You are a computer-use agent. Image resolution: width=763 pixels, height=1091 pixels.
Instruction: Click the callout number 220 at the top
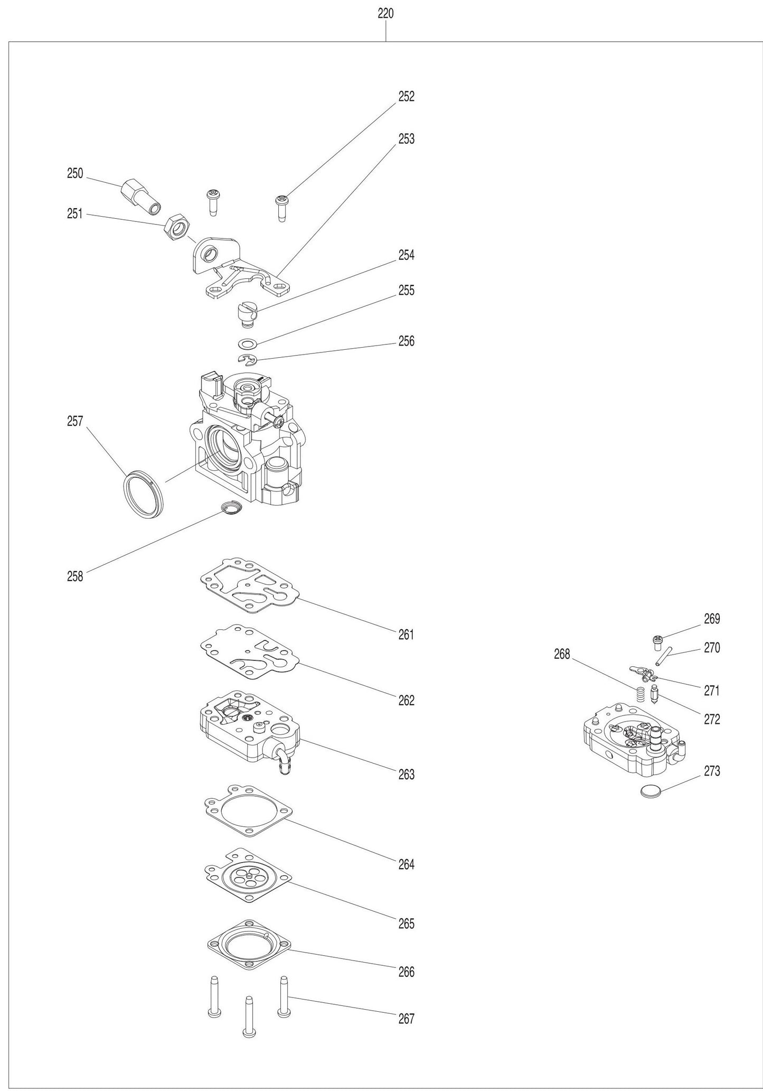click(385, 14)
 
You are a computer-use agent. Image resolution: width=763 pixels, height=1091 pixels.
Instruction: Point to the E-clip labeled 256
click(247, 360)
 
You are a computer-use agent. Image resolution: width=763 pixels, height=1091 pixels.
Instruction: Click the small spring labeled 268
click(640, 694)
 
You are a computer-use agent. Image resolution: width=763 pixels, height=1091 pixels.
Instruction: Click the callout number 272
click(711, 720)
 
